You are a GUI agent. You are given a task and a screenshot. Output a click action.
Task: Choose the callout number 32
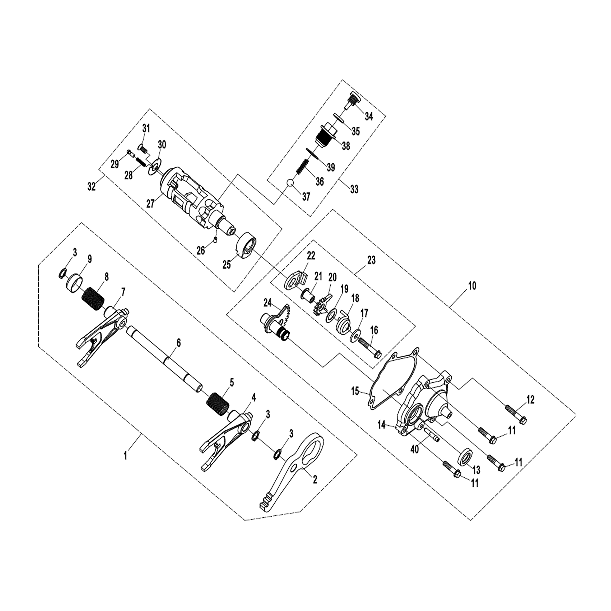[x=91, y=187]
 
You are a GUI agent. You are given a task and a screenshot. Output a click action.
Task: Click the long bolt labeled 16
[x=369, y=348]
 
